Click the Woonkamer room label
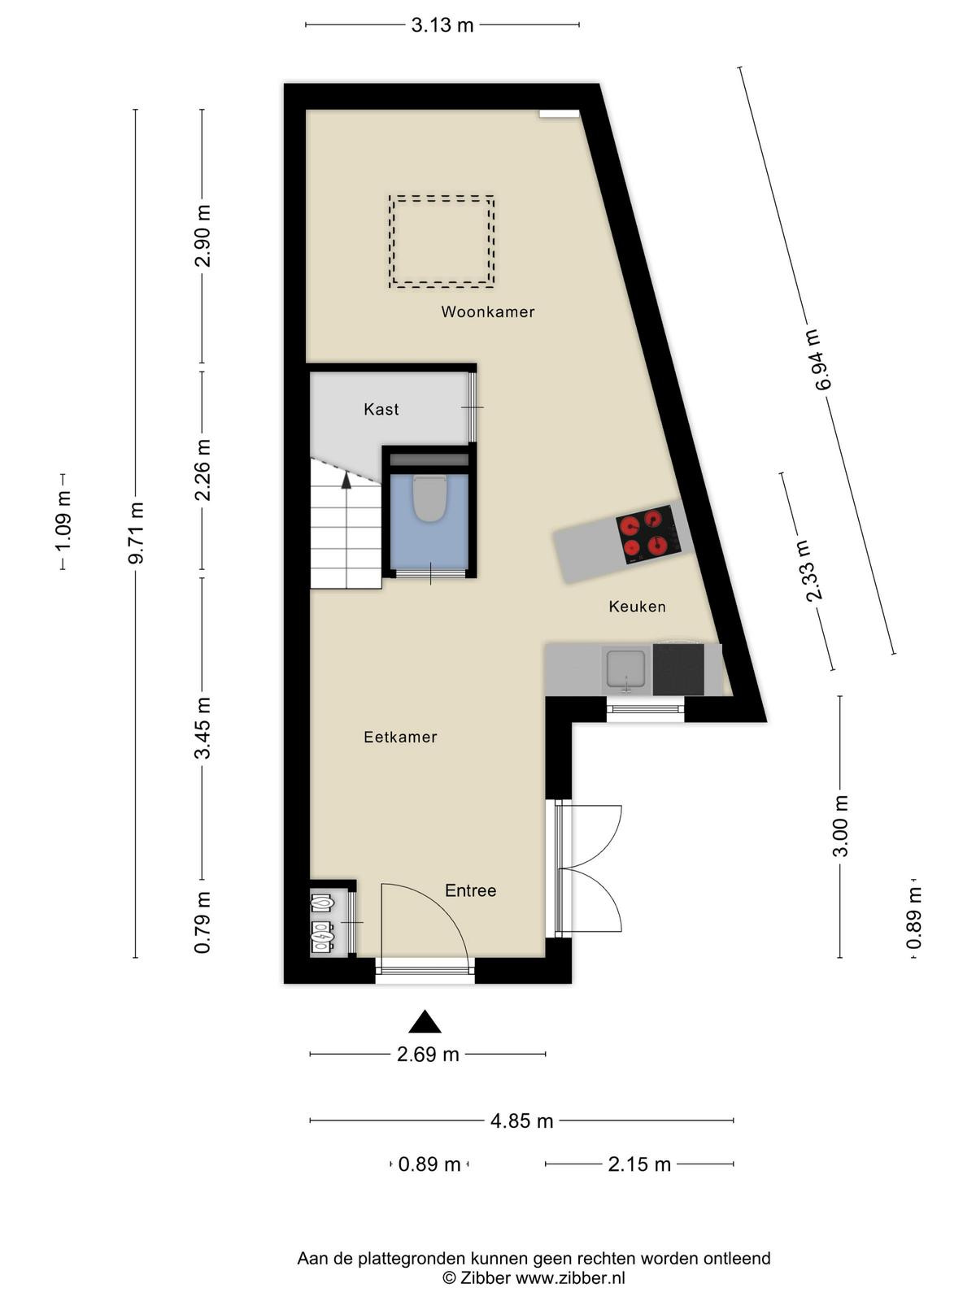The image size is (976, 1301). point(488,311)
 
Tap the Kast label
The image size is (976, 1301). point(381,409)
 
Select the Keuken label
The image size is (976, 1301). point(637,607)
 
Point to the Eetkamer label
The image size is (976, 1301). point(400,737)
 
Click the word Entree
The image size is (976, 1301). point(471,890)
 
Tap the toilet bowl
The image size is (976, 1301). point(429,498)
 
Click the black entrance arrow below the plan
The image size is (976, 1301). point(425,1021)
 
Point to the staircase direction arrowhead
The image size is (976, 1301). point(346,480)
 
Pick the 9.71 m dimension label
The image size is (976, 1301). point(137,533)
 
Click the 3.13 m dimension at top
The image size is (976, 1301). point(442,25)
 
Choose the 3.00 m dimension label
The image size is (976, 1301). point(840,826)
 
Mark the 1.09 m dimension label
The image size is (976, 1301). point(63,521)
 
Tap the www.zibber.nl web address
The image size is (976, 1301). point(570,1277)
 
